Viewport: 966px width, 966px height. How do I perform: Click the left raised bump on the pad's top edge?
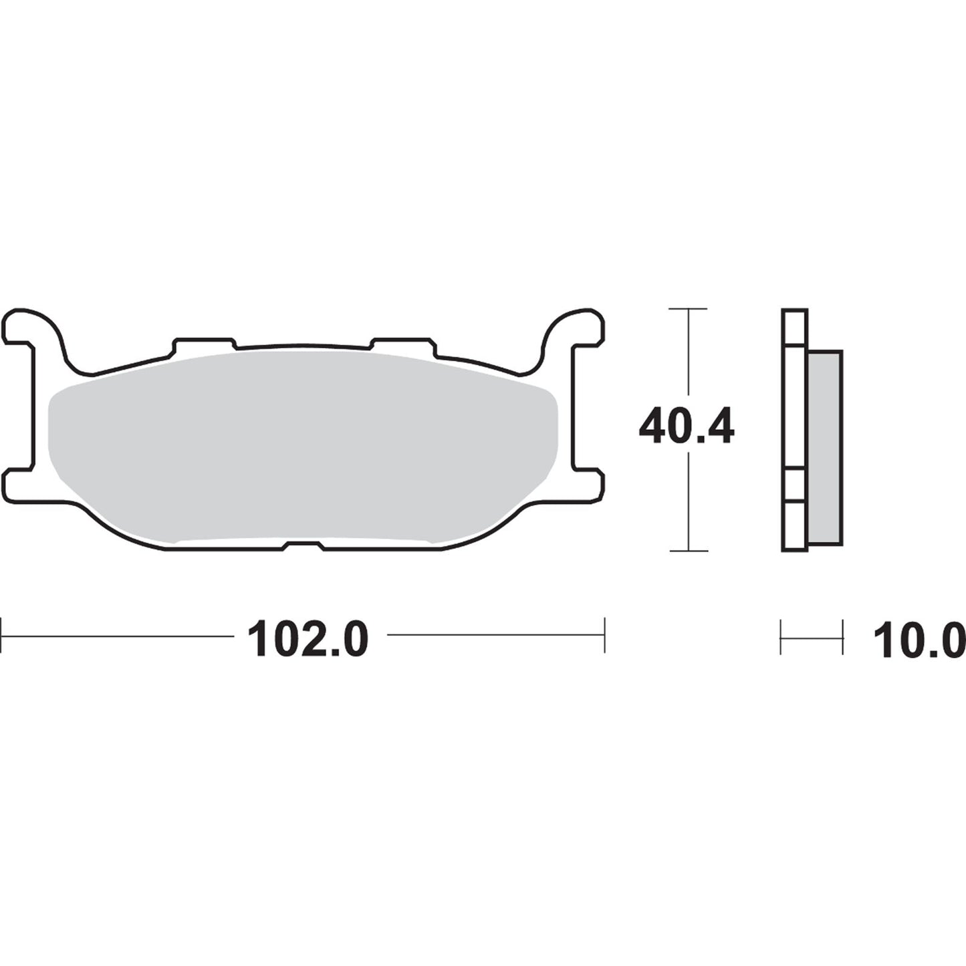[x=204, y=344]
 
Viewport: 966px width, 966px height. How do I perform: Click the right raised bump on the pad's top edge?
[x=403, y=344]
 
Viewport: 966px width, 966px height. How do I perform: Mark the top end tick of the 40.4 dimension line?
[x=688, y=309]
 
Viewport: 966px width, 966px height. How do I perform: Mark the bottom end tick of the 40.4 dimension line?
[x=688, y=551]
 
